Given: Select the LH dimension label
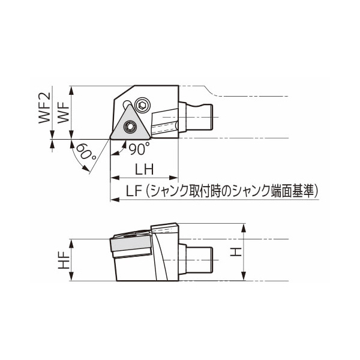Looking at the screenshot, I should pyautogui.click(x=145, y=170).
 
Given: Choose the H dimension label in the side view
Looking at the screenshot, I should pyautogui.click(x=236, y=252).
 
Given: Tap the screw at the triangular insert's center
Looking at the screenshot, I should pyautogui.click(x=129, y=126).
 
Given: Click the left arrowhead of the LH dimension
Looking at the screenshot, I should pyautogui.click(x=113, y=178).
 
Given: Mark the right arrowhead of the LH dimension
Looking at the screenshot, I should pyautogui.click(x=176, y=178).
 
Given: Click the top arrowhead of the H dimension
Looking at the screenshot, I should pyautogui.click(x=244, y=227).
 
